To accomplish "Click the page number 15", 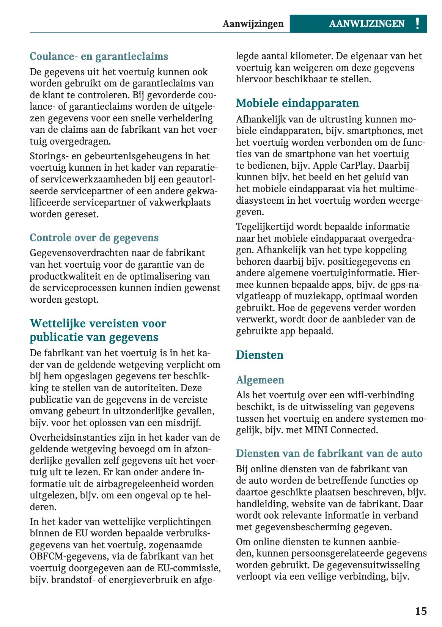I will tap(421, 611).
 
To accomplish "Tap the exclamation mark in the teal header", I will tap(417, 24).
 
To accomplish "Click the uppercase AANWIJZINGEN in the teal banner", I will tap(366, 24).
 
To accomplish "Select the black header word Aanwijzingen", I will tap(253, 24).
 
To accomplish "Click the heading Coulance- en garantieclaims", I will tap(99, 56).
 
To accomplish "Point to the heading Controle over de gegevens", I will tap(94, 237).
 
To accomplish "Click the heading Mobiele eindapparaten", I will tap(297, 103).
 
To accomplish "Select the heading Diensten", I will tap(260, 355).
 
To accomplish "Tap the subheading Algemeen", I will tap(260, 380).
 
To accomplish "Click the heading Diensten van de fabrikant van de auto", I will tap(329, 453).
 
